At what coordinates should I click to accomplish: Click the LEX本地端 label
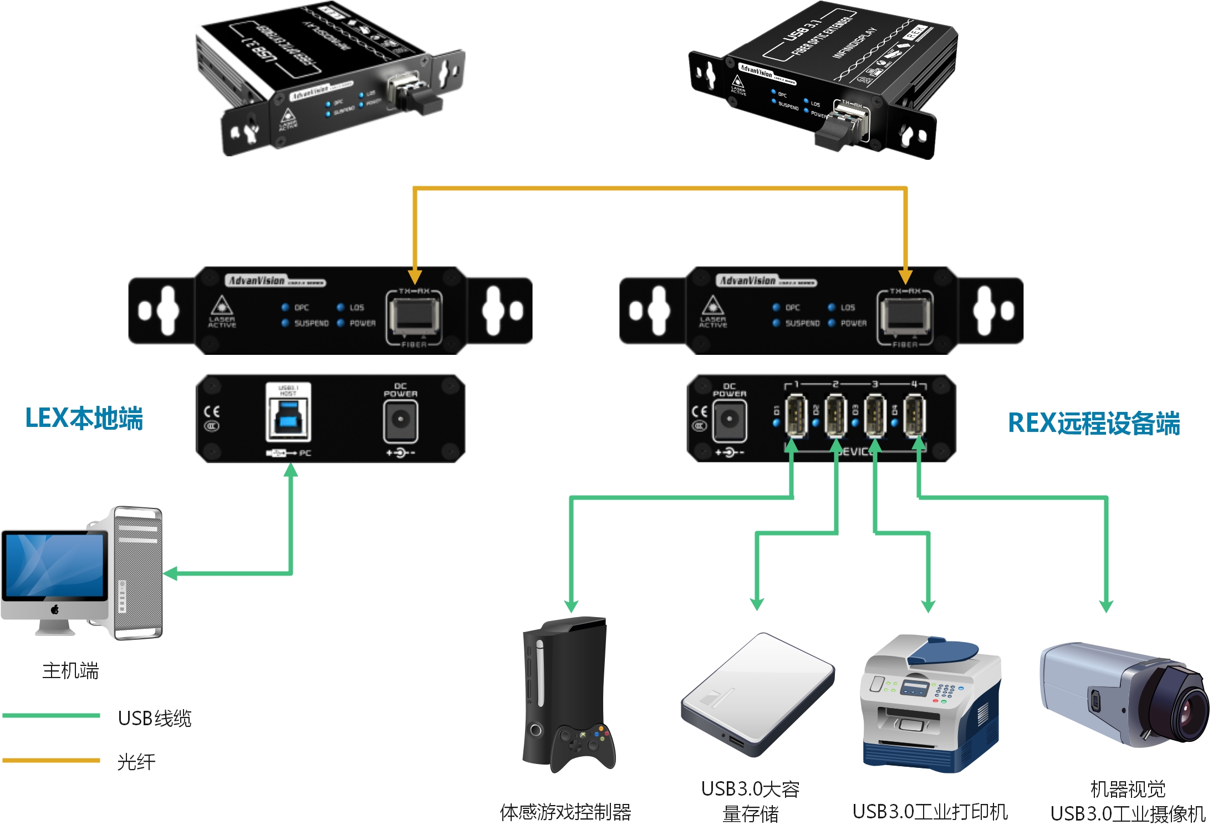84,419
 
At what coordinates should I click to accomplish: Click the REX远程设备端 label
1093,423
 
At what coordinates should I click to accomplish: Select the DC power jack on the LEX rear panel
400,420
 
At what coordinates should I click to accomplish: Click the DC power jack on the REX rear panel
729,420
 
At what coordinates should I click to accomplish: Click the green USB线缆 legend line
51,715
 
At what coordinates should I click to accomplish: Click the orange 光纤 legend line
51,760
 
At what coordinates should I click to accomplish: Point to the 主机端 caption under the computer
70,671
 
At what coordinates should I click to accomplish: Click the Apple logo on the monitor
55,610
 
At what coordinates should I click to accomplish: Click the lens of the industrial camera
1192,715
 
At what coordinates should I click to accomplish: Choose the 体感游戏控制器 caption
565,812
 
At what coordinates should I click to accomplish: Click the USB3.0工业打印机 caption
930,812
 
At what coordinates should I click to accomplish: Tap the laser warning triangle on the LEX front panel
222,305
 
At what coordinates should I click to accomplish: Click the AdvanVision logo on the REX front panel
747,281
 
